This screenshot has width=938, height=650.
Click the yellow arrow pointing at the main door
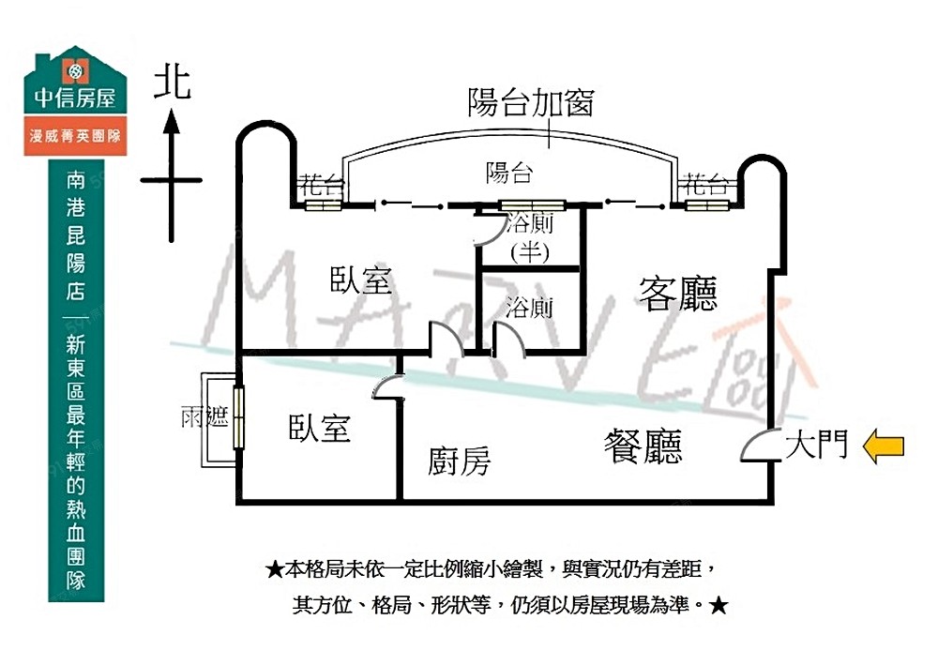coord(883,446)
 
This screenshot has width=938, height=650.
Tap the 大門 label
coord(816,444)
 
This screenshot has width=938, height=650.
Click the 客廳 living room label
coord(679,294)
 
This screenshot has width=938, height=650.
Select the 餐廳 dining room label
coord(643,446)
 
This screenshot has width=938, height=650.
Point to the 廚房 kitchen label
coord(459,461)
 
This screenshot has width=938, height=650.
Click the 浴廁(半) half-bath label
coord(530,237)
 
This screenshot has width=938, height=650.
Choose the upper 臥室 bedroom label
coord(361,280)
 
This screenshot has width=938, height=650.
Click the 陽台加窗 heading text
coord(531,102)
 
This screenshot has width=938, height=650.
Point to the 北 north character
coord(173,82)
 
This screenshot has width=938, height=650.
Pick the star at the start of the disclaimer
coord(275,569)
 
